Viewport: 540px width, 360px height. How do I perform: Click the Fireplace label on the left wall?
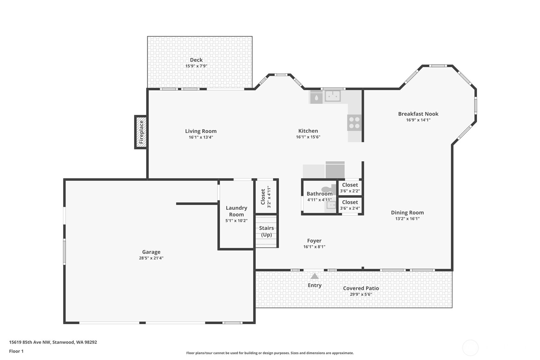point(142,132)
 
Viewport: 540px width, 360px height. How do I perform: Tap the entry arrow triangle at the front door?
point(314,276)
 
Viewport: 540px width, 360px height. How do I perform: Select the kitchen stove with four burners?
point(354,123)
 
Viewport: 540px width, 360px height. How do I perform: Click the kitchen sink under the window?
point(333,96)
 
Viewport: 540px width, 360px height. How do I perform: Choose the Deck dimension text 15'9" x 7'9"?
point(196,66)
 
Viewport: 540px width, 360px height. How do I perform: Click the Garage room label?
point(151,252)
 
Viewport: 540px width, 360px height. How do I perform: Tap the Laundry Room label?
point(236,211)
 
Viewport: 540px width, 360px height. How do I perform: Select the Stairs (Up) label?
point(266,231)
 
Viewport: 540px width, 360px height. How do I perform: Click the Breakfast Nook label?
point(418,114)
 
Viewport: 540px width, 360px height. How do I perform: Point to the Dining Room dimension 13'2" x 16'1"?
point(407,219)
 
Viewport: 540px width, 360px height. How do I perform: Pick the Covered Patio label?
point(361,288)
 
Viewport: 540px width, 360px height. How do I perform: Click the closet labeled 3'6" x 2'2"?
point(350,188)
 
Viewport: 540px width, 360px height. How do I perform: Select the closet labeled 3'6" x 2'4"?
point(350,205)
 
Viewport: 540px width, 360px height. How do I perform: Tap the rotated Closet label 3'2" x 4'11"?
point(266,197)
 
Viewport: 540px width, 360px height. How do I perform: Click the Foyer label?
point(314,241)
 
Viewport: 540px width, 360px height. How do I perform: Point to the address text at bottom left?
point(53,342)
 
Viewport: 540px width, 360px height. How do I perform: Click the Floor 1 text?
point(17,351)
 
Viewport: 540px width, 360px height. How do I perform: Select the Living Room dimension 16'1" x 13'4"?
point(201,138)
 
